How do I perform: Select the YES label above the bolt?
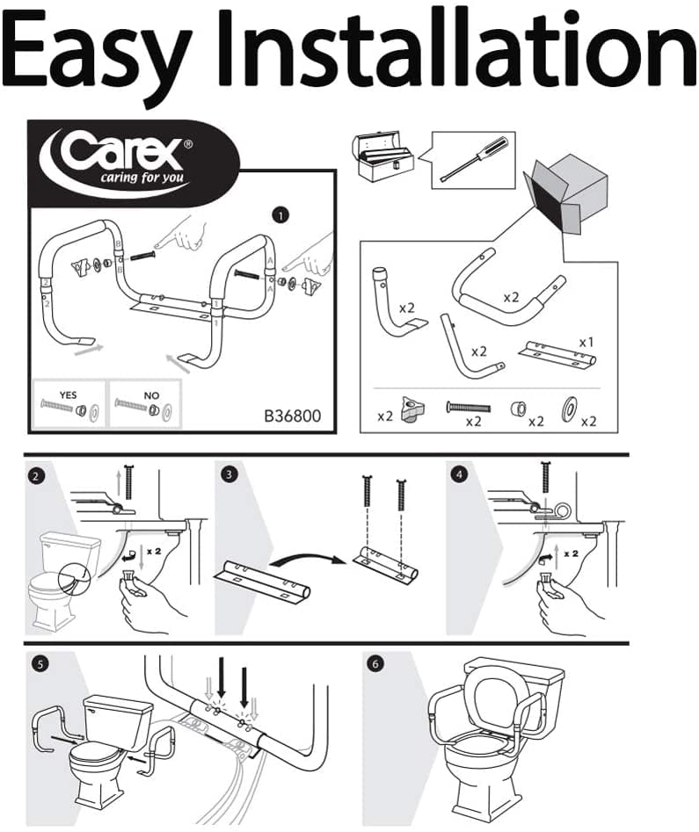coord(68,395)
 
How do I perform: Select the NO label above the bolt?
coord(151,395)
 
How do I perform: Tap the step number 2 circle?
coord(36,476)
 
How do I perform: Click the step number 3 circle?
coord(229,475)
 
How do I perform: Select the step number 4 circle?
coord(455,476)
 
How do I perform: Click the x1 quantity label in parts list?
coord(586,340)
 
